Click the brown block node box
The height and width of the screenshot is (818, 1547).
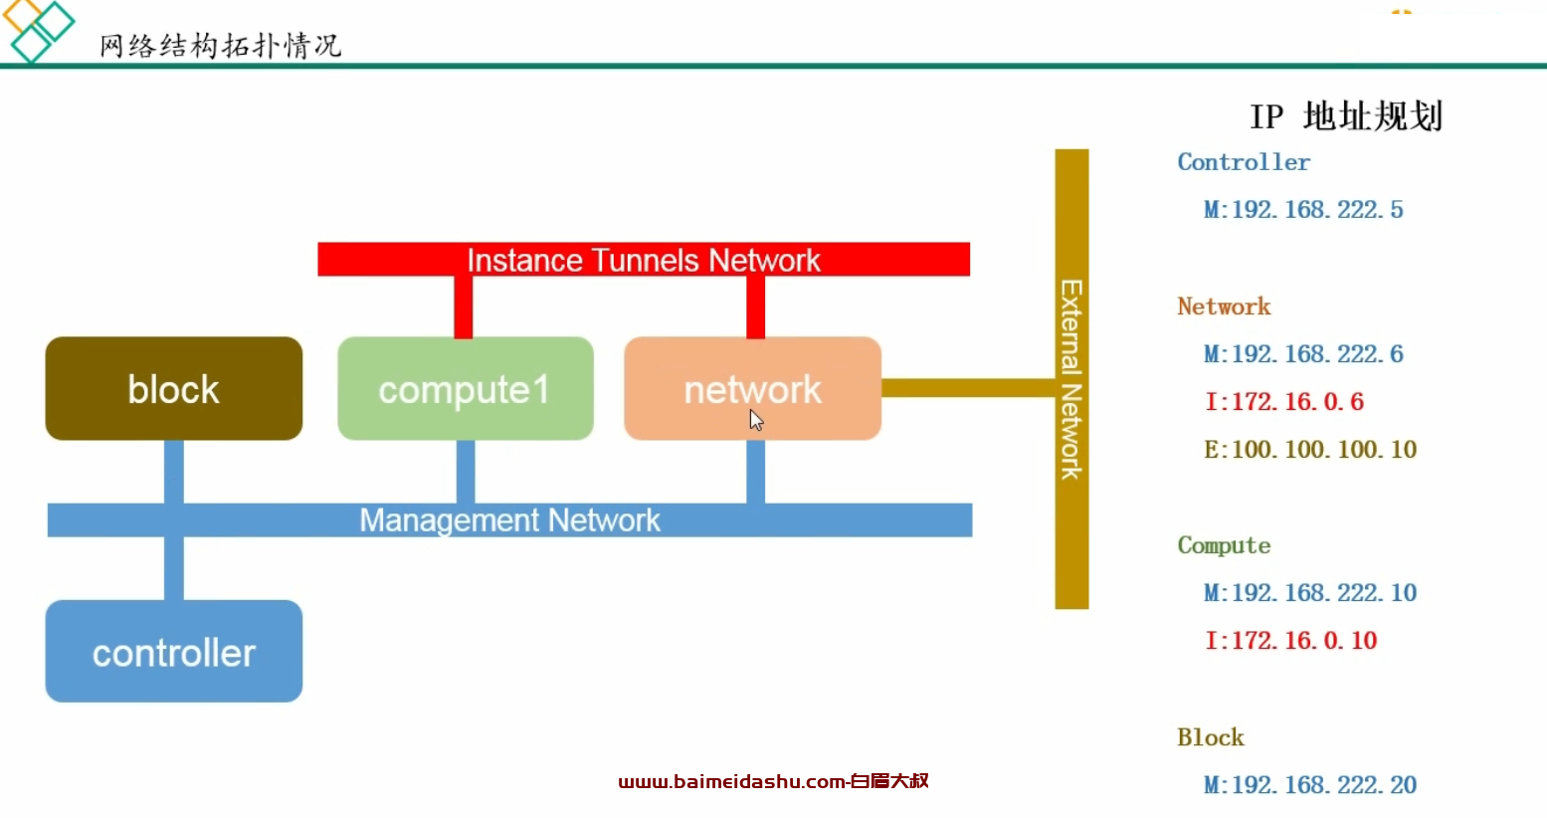click(x=174, y=388)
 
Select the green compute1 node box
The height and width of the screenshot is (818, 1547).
click(x=466, y=388)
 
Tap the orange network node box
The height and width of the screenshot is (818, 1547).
click(x=753, y=388)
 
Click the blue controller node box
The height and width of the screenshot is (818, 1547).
click(x=174, y=651)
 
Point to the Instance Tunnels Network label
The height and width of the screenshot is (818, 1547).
click(x=644, y=261)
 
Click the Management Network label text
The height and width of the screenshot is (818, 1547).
click(x=509, y=520)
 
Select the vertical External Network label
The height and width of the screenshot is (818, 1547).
click(x=1071, y=379)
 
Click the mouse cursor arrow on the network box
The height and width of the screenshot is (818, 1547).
click(x=756, y=419)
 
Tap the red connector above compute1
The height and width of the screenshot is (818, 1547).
click(x=464, y=307)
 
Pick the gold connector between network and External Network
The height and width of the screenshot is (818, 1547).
click(x=968, y=387)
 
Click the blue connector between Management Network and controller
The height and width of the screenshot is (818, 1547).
click(x=174, y=568)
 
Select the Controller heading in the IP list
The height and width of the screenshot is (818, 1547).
click(x=1244, y=162)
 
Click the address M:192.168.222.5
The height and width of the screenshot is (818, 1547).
click(x=1304, y=209)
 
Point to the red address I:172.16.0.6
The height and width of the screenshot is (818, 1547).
click(x=1284, y=401)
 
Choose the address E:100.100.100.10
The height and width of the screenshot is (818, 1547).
click(x=1311, y=450)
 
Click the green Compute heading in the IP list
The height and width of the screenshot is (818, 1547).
click(x=1224, y=545)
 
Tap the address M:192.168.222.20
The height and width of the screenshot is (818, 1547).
click(x=1311, y=785)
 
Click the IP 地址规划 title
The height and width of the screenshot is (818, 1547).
click(x=1347, y=116)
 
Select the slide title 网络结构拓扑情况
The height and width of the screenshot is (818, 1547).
click(x=220, y=47)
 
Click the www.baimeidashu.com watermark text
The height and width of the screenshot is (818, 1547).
click(x=774, y=781)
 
